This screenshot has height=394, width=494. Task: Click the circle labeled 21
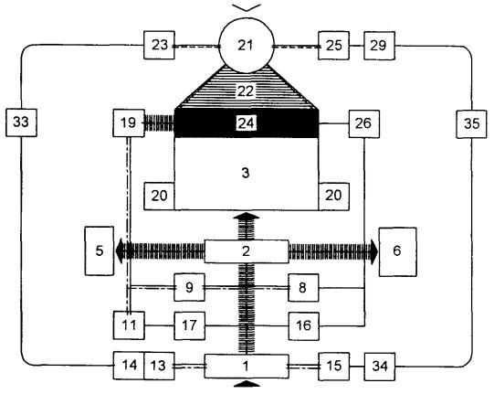click(246, 46)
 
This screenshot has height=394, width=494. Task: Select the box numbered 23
click(159, 45)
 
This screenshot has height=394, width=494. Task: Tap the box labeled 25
click(333, 46)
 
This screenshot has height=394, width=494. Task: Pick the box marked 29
click(379, 46)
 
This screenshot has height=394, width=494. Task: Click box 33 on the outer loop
click(21, 122)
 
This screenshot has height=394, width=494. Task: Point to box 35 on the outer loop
click(471, 123)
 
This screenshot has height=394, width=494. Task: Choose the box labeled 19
click(129, 123)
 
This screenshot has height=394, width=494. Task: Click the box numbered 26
click(363, 123)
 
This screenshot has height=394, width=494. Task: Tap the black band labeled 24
click(247, 123)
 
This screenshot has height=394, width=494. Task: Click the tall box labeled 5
click(100, 251)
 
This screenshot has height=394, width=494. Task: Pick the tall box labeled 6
click(397, 251)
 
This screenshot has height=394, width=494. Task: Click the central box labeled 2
click(247, 251)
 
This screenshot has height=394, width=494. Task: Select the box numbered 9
click(189, 287)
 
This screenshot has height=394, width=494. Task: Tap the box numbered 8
click(303, 288)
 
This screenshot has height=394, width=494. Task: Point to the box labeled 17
click(189, 325)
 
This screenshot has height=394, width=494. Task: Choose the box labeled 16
click(303, 325)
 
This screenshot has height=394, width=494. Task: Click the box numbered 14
click(129, 366)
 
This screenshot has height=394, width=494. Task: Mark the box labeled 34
click(379, 367)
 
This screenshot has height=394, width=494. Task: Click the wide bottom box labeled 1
click(247, 367)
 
